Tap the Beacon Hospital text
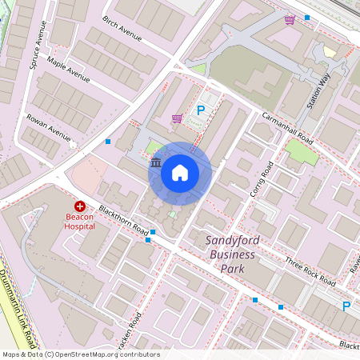[80, 221]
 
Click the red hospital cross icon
[80, 206]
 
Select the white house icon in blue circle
[180, 172]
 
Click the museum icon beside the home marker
[156, 163]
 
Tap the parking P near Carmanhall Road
[202, 110]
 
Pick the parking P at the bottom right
[346, 306]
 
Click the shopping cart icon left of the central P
[176, 118]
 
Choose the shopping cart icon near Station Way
[289, 19]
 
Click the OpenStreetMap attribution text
[80, 354]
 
